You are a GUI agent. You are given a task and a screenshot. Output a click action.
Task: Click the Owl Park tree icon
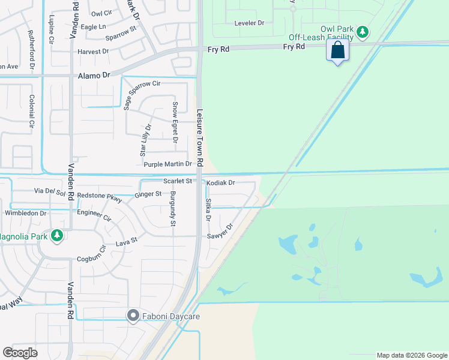[362, 31]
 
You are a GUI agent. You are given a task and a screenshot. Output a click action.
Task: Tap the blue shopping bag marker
[339, 51]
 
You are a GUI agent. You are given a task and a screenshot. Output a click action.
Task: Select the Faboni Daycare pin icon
[133, 316]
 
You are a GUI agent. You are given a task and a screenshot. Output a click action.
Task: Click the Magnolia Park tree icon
[57, 235]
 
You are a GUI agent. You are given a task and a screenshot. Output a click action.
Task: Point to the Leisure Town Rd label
[200, 137]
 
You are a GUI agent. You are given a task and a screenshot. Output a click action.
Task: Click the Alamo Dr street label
[95, 76]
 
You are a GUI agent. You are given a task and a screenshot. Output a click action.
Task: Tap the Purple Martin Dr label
[167, 164]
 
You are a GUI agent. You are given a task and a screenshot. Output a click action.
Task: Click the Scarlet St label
[178, 181]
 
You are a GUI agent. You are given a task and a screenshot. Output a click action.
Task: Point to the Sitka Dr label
[208, 210]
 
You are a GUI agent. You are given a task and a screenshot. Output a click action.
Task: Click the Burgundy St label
[172, 210]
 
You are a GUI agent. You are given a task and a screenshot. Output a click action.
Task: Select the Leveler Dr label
[249, 23]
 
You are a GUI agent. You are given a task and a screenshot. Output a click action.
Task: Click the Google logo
[20, 353]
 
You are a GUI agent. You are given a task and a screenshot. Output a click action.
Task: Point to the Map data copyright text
[411, 355]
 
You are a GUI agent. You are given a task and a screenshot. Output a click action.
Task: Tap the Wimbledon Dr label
[26, 213]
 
